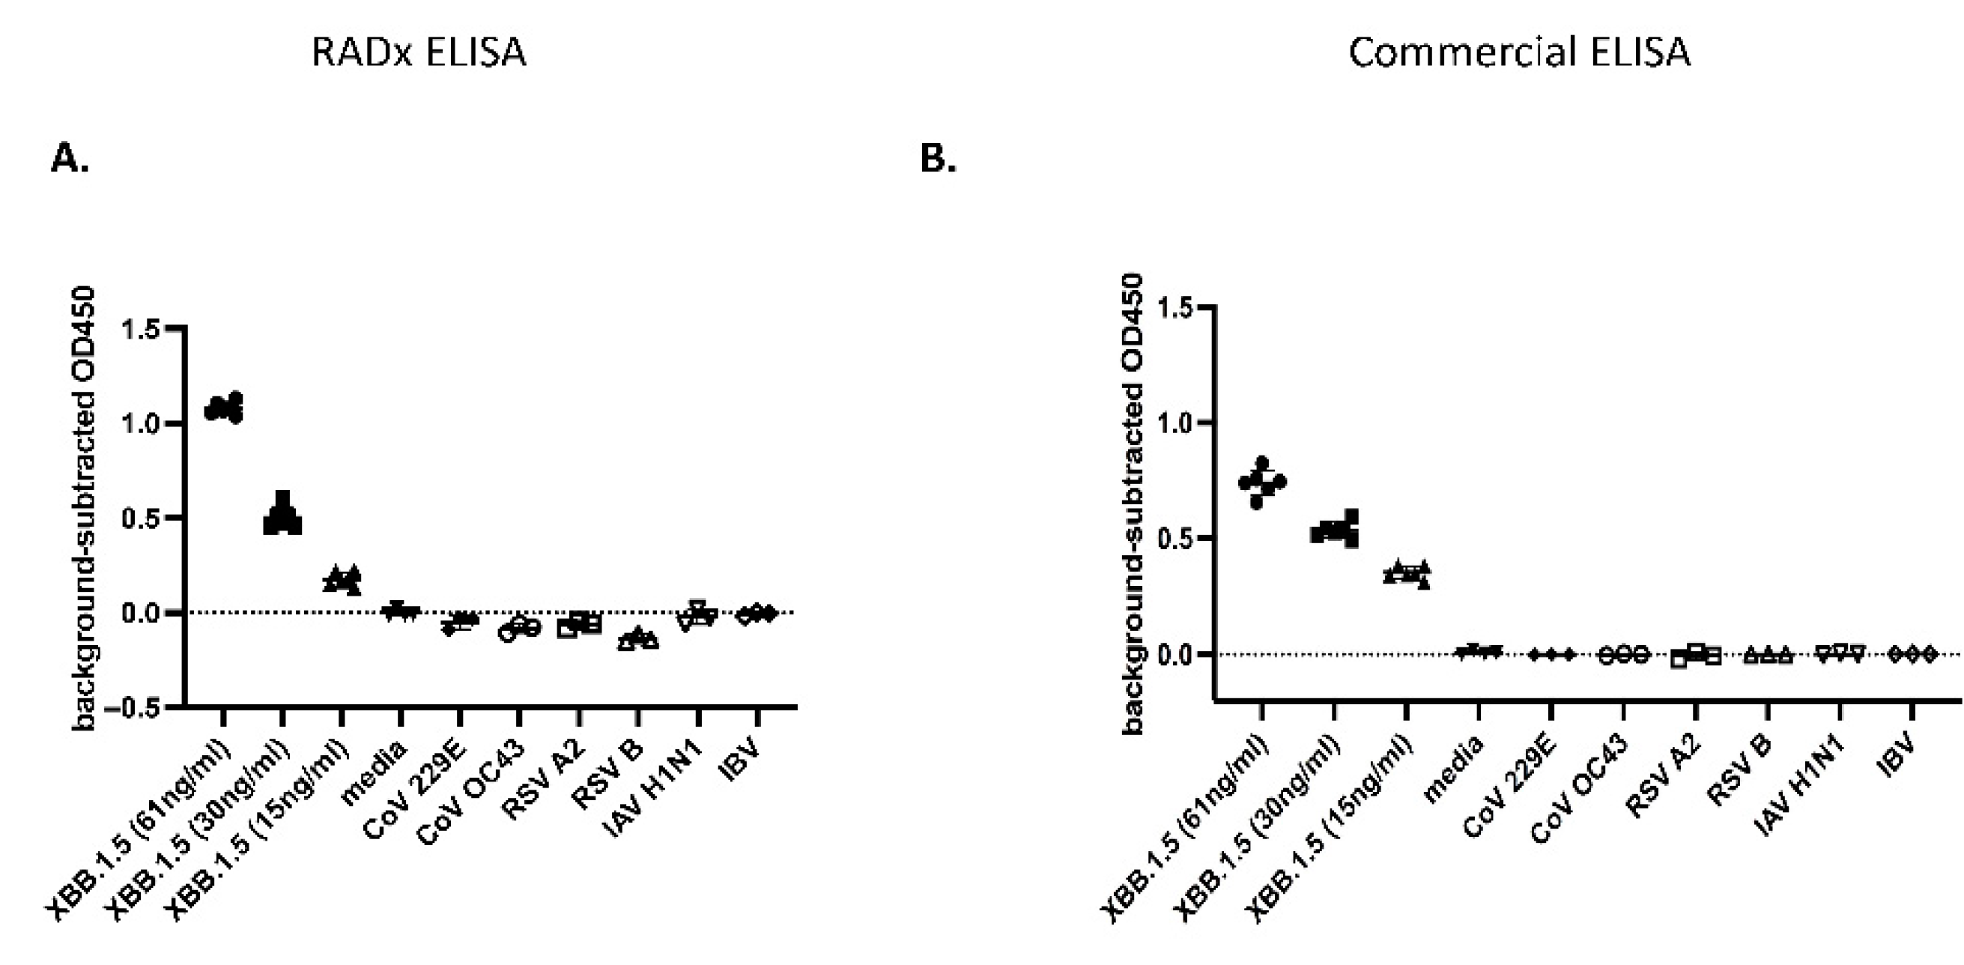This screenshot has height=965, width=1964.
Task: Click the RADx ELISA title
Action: [x=419, y=52]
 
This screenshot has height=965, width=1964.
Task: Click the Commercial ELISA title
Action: [x=1519, y=52]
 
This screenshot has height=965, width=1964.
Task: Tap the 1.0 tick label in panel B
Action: [x=1176, y=423]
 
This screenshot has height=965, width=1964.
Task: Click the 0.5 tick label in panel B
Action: [x=1176, y=538]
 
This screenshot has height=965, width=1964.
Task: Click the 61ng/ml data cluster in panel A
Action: [x=224, y=408]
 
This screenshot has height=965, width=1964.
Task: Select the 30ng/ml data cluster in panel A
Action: [x=282, y=515]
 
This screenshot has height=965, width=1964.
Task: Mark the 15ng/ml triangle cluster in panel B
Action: [x=1407, y=574]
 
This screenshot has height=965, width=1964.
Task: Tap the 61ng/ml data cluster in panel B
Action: [x=1262, y=482]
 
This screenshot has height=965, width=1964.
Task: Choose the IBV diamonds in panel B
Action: [x=1912, y=654]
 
